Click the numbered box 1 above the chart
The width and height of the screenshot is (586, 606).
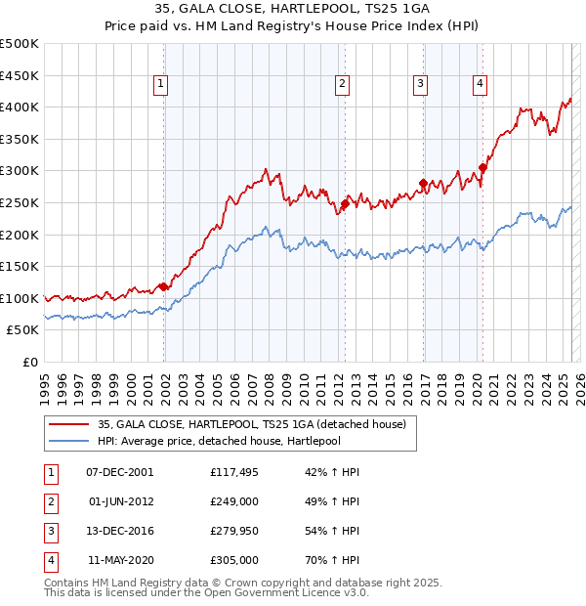coord(159,85)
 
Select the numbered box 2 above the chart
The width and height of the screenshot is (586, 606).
coord(343,85)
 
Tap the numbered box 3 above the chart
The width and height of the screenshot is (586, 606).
coord(420,85)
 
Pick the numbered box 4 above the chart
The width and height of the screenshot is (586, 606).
coord(481,85)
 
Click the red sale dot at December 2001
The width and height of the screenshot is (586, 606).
coord(164,287)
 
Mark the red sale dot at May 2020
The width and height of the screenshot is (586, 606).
coord(482,167)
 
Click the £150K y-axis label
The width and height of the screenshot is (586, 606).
coord(20,266)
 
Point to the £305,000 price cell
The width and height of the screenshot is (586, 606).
coord(234,560)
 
